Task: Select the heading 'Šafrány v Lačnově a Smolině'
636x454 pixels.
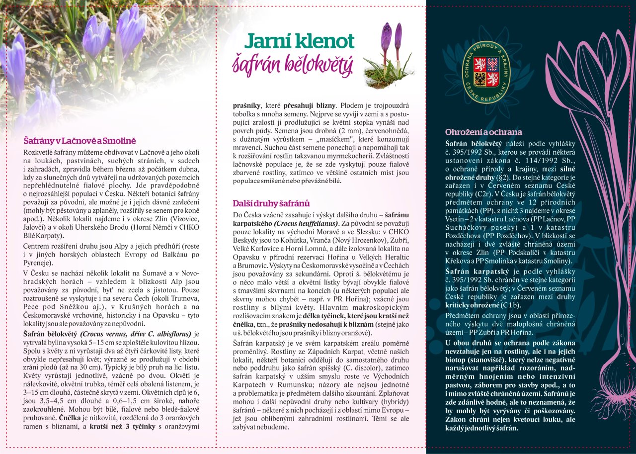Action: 79,141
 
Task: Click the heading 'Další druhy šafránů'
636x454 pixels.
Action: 271,203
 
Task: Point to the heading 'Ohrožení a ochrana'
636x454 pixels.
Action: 483,132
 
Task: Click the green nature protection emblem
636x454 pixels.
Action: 486,73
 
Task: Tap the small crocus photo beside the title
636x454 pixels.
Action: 389,56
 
